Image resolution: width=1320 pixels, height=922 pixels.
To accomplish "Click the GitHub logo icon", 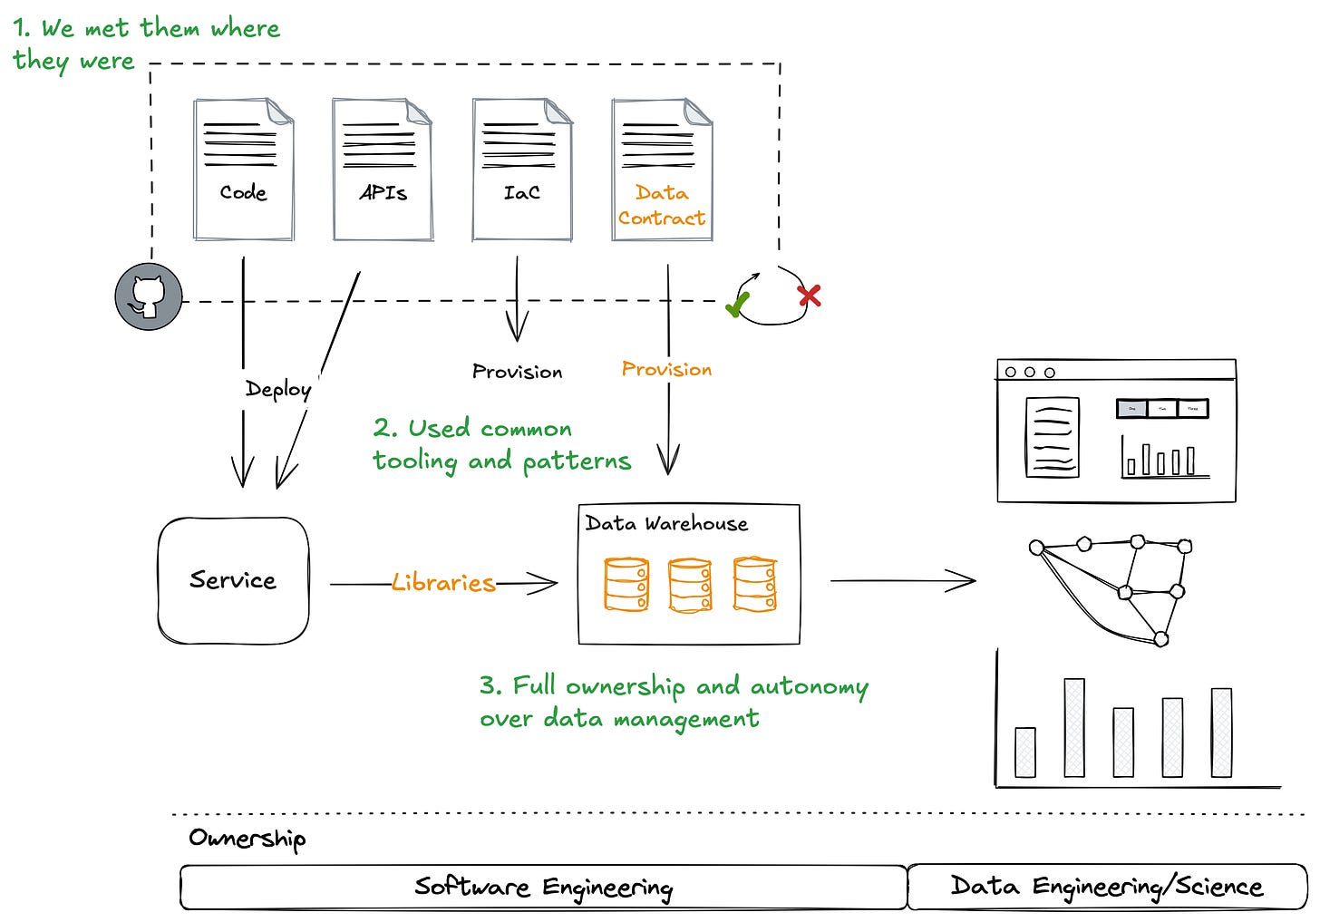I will (149, 296).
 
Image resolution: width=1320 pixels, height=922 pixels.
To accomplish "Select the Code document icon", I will (244, 170).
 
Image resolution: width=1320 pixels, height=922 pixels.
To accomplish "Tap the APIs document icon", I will (383, 170).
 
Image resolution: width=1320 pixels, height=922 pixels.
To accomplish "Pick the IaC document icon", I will (522, 170).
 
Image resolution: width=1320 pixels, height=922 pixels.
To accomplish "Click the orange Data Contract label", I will (662, 206).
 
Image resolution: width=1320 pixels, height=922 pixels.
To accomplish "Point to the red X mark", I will (809, 296).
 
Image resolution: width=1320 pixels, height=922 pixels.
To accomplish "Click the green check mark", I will (738, 304).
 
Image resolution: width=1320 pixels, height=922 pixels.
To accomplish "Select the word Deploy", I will (278, 389).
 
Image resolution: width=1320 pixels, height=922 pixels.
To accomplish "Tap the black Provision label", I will (517, 372).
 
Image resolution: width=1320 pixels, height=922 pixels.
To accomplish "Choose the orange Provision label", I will (666, 369).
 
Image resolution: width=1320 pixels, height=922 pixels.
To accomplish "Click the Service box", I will (233, 580).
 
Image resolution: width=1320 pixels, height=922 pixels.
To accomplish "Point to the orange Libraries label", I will (443, 583).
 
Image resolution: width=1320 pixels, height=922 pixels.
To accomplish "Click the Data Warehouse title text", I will (666, 523).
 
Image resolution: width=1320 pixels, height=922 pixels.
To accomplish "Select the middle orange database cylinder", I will (690, 585).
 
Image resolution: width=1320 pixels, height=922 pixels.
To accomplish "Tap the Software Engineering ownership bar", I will (543, 887).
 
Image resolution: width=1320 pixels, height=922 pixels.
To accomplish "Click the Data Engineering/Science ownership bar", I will (1106, 887).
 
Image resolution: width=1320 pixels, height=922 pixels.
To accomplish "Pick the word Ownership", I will (247, 839).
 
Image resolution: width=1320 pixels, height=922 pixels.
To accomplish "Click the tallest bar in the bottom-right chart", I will (1074, 727).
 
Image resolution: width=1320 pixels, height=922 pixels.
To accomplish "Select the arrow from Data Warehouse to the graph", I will (903, 580).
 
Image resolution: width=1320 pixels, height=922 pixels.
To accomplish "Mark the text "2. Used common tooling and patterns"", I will (500, 444).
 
